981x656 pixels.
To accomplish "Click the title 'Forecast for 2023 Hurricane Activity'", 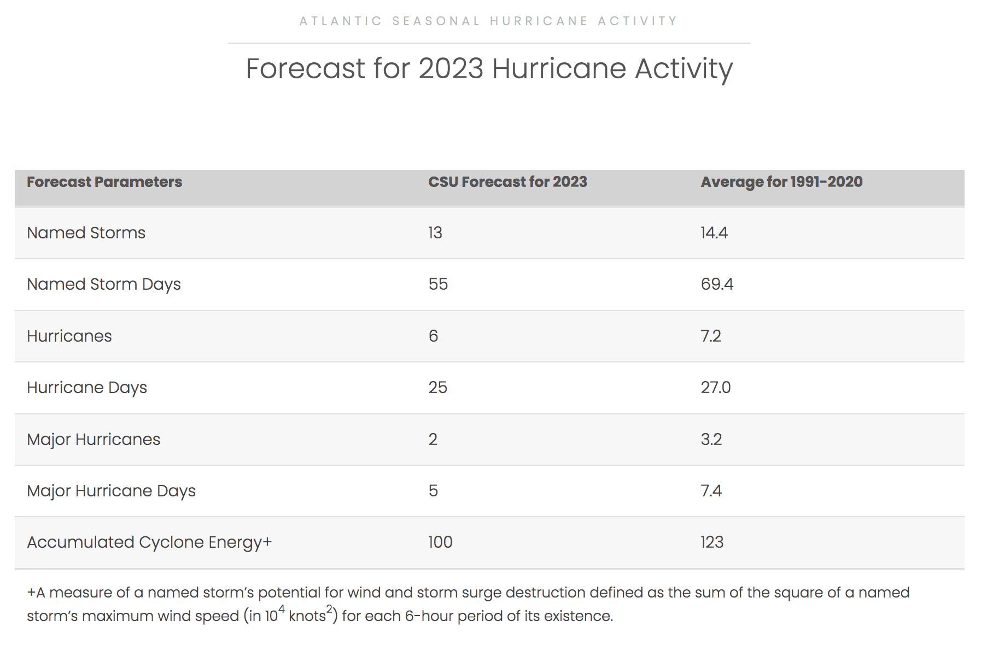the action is coord(489,69).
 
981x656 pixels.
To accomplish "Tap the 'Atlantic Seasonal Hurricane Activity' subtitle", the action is coord(489,21).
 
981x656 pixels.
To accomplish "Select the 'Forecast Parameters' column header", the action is coord(104,182).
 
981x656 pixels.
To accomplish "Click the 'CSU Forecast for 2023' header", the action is coord(507,182).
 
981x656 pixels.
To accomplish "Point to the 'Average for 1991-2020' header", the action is coord(781,182).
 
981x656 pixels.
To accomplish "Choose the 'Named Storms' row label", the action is coord(86,233).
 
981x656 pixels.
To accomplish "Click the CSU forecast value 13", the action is coord(435,233).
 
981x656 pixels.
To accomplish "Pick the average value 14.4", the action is coord(714,233).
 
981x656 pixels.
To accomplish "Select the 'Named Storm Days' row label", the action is coord(104,284).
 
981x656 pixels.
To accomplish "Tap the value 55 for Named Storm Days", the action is coord(438,284).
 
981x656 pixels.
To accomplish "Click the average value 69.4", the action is coord(717,284).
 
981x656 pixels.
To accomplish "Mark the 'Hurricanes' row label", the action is coord(69,336).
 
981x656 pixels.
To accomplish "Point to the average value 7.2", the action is coord(711,336).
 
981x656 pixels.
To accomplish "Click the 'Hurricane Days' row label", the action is coord(87,388).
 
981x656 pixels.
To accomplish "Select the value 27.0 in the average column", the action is coord(716,388).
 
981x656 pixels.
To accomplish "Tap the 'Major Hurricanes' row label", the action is coord(94,440).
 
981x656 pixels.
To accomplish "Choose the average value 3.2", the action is coord(711,439).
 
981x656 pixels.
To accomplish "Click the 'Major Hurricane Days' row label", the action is coord(112,491).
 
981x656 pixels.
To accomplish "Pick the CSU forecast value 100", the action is coord(440,542).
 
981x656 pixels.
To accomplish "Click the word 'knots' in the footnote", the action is coord(307,616).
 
